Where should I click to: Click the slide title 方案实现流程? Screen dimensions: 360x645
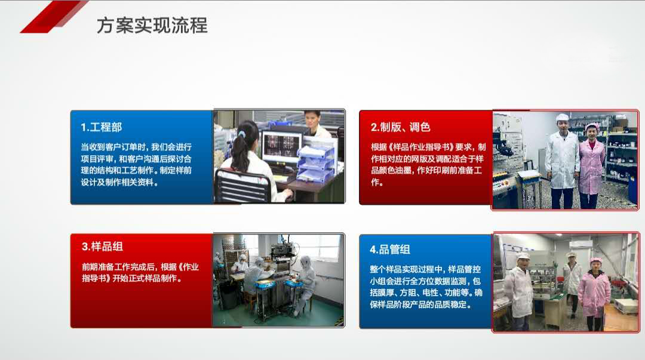152,26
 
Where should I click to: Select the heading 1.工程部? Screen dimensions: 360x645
102,127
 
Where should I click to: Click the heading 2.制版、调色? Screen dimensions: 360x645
400,127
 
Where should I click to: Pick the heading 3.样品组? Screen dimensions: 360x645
102,247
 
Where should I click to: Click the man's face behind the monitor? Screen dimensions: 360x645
312,119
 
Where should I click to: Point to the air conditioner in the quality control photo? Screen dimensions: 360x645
580,244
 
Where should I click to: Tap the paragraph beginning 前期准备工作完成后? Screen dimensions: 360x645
140,272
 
